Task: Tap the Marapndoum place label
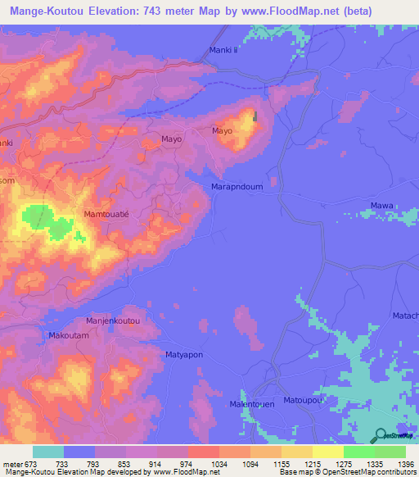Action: [238, 186]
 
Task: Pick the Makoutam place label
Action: [69, 335]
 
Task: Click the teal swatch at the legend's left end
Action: [48, 452]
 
